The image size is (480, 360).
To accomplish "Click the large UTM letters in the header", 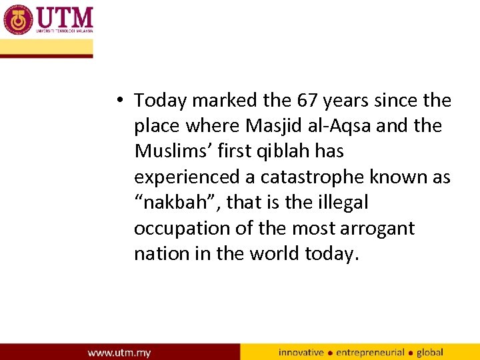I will click(65, 17).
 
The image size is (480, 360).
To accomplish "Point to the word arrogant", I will click(377, 229).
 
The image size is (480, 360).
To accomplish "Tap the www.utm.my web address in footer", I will click(119, 352).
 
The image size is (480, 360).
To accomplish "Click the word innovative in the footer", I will click(301, 352).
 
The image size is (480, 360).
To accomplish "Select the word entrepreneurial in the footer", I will click(371, 352).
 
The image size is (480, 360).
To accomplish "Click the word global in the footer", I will click(430, 352).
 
